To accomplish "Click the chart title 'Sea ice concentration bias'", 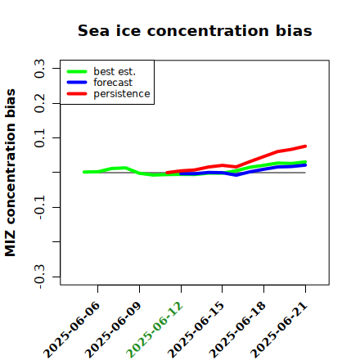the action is click(195, 30).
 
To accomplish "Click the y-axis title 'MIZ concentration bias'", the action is click(11, 173).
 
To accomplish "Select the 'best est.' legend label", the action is click(115, 71).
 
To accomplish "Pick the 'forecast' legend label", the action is click(113, 83).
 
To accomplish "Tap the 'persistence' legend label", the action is click(122, 94).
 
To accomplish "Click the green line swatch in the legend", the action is click(77, 71).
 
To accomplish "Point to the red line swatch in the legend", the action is click(77, 94).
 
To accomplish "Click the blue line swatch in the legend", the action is click(77, 83).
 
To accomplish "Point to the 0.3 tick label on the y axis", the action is click(39, 69).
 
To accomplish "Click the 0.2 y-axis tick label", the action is click(39, 103).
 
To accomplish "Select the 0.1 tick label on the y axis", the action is click(39, 138).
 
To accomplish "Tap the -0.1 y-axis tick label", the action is click(39, 207).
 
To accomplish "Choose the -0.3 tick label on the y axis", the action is click(39, 277).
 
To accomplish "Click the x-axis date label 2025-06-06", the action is click(71, 330).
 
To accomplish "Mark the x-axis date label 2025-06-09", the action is click(113, 330).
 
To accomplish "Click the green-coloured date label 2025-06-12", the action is click(155, 330).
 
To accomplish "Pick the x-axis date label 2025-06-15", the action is click(196, 330).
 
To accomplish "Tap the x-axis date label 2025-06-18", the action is click(237, 330).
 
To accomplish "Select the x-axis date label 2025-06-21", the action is click(279, 330).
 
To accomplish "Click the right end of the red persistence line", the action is click(305, 146).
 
